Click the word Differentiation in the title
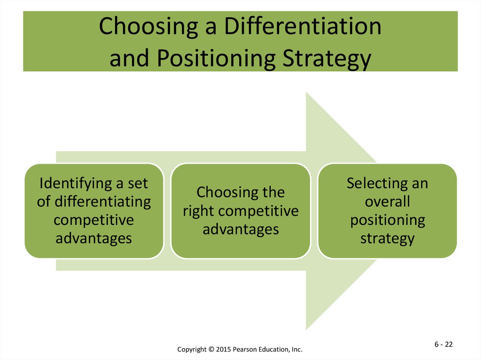pyautogui.click(x=303, y=26)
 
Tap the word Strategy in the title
pyautogui.click(x=327, y=59)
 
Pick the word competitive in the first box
pyautogui.click(x=93, y=220)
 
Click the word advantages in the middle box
pyautogui.click(x=241, y=230)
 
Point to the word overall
pyautogui.click(x=388, y=201)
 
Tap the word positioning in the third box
pyautogui.click(x=388, y=221)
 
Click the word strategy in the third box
pyautogui.click(x=388, y=239)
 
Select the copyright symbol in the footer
pyautogui.click(x=211, y=349)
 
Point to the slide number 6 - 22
pyautogui.click(x=443, y=345)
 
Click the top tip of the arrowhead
pyautogui.click(x=306, y=92)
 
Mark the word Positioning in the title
pyautogui.click(x=216, y=59)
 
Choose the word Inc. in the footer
pyautogui.click(x=297, y=349)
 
